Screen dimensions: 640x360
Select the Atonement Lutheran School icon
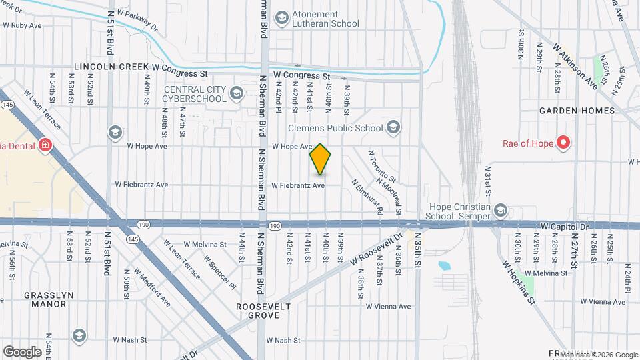(x=282, y=17)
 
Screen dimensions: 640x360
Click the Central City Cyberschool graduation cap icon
(x=235, y=94)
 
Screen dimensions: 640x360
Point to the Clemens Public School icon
(x=394, y=127)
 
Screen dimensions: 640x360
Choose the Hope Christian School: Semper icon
(x=501, y=211)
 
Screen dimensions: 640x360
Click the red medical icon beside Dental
(x=45, y=145)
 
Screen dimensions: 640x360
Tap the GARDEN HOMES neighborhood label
(x=577, y=110)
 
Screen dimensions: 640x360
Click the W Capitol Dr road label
(x=566, y=227)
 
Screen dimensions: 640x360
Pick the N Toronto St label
(x=383, y=167)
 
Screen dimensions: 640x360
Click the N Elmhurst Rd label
(x=367, y=196)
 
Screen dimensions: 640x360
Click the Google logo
(x=22, y=351)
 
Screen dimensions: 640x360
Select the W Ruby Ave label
(x=23, y=25)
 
